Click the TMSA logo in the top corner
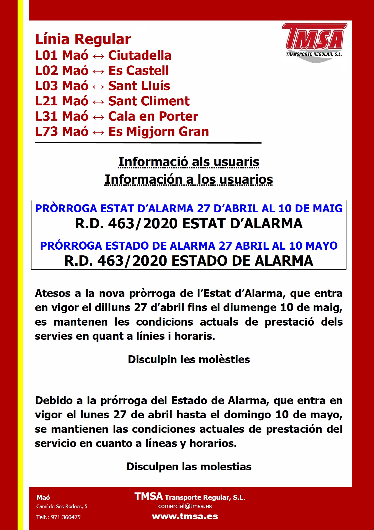click(x=314, y=42)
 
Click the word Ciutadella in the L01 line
click(x=140, y=55)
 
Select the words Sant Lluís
click(x=139, y=86)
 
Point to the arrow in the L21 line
click(x=98, y=102)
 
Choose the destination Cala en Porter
click(x=153, y=116)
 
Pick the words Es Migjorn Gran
click(x=158, y=132)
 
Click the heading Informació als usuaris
click(x=189, y=162)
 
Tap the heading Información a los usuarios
click(x=189, y=179)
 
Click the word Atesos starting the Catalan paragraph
click(x=53, y=293)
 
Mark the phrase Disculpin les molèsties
click(x=189, y=359)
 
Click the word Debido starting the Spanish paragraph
click(x=54, y=400)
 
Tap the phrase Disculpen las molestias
click(x=189, y=467)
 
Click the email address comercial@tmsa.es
click(x=185, y=506)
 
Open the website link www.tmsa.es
click(x=185, y=516)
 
